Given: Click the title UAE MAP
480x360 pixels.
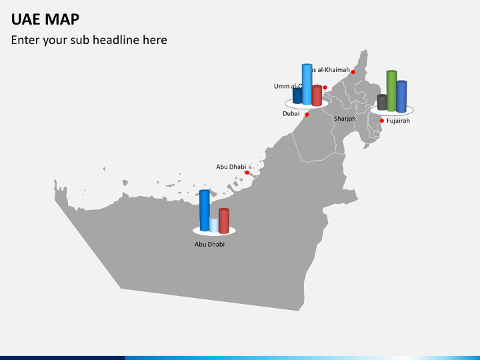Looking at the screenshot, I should tap(45, 19).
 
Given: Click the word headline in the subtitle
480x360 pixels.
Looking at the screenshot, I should tap(115, 40).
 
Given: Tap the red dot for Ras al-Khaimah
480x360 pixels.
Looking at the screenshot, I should tap(353, 72).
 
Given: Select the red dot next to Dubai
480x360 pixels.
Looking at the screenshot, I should tap(307, 114).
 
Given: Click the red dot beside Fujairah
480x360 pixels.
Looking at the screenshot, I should tap(381, 121).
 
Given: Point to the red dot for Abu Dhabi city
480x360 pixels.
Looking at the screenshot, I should tap(247, 173).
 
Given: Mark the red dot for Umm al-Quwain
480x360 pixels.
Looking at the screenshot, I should tap(325, 87).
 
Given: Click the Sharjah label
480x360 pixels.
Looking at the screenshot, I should tap(345, 119).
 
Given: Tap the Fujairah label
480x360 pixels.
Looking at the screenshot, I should tap(398, 121).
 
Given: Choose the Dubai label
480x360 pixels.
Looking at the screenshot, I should tap(291, 114).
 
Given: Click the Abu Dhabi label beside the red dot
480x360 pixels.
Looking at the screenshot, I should tap(231, 167).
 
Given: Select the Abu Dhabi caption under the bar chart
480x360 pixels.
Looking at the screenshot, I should tap(209, 245).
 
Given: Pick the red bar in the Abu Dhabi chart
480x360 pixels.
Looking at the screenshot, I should tap(224, 221).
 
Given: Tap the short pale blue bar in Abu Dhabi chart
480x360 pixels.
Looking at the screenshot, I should tap(214, 225).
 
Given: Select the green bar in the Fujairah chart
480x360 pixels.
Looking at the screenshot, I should tap(391, 90).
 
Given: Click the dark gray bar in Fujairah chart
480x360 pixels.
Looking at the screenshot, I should tap(382, 102).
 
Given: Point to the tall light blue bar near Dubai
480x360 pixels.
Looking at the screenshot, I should tap(307, 84).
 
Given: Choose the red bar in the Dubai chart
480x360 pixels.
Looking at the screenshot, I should tap(317, 95).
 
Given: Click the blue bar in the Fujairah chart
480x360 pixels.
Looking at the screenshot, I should tap(401, 96).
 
